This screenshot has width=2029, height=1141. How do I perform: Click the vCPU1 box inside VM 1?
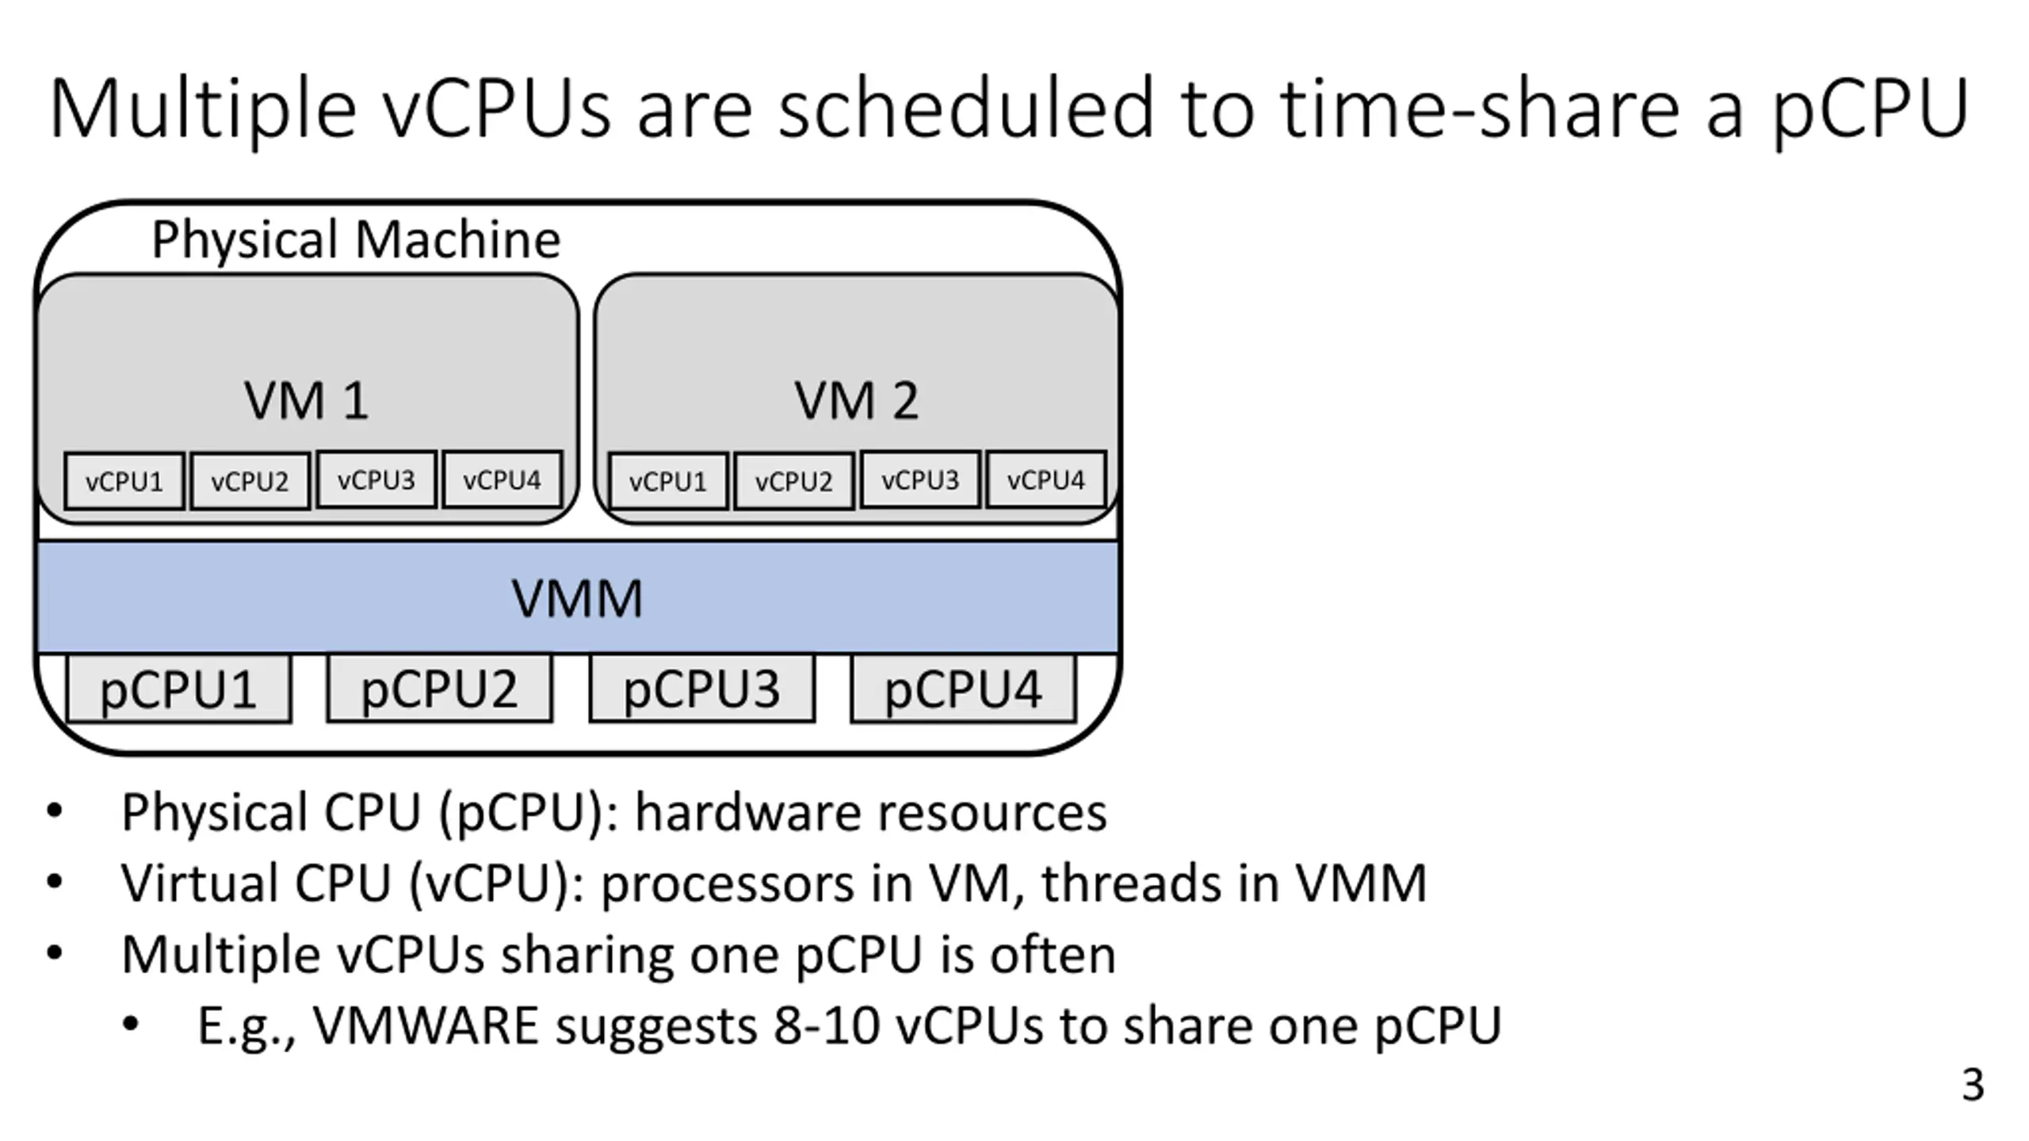tap(124, 481)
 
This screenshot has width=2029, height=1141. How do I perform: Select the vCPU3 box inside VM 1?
tap(376, 479)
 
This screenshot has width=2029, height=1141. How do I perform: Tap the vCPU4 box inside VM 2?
tap(1045, 479)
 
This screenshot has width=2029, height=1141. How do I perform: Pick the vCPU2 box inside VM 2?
tap(793, 481)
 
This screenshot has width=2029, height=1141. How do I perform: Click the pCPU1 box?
tap(178, 689)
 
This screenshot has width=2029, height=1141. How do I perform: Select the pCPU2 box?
tap(439, 689)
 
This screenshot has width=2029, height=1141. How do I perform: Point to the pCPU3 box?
tap(701, 689)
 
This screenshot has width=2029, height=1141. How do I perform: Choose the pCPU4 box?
tap(963, 689)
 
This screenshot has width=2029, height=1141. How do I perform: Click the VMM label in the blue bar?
tap(577, 598)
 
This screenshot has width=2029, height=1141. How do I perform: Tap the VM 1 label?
tap(306, 400)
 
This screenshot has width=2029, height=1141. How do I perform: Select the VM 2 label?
tap(856, 400)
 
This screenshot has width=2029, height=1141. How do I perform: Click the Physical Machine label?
tap(356, 239)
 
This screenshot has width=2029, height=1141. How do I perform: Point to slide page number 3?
tap(1973, 1085)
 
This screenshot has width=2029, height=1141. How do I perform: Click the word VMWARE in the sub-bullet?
tap(426, 1025)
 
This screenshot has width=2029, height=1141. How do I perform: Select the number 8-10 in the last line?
tap(827, 1025)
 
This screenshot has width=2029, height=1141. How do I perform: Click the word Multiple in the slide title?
tap(203, 109)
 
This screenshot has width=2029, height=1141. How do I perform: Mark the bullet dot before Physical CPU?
tap(54, 811)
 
